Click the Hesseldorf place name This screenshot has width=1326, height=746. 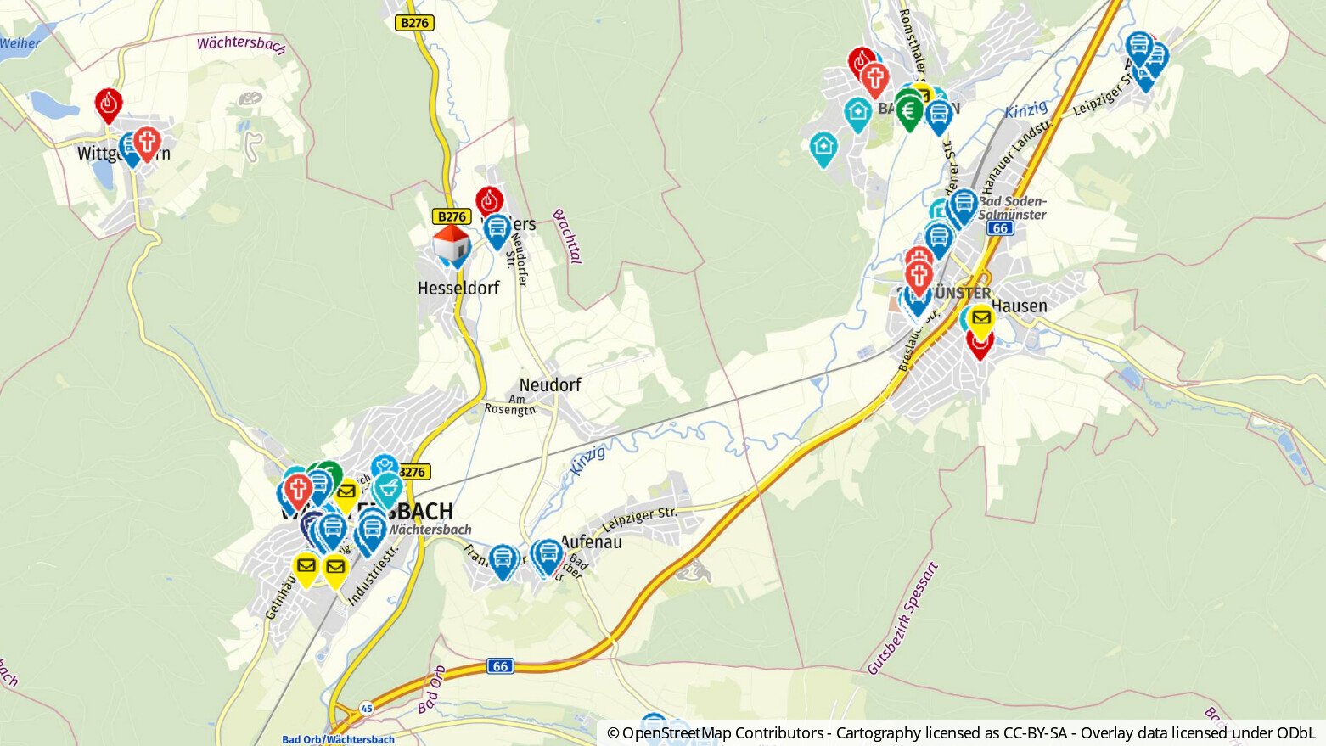[x=458, y=289]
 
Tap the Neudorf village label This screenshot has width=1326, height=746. [x=550, y=385]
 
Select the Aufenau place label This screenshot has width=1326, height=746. [x=592, y=541]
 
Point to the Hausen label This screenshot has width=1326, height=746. [x=1020, y=306]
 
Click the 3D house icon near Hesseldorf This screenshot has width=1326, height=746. [x=451, y=244]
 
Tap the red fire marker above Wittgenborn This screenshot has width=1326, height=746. [x=109, y=104]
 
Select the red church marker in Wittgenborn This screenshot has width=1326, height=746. [x=147, y=143]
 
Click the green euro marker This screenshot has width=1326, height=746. [x=909, y=110]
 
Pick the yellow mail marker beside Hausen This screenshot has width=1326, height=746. [x=981, y=320]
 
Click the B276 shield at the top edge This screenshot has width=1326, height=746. [x=414, y=23]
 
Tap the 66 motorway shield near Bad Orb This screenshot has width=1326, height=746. [x=501, y=666]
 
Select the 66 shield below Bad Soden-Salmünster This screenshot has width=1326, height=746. [x=1000, y=228]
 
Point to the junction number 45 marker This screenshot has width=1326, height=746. [x=367, y=707]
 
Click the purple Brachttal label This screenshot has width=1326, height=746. [x=567, y=236]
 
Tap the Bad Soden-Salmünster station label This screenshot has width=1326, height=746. [x=1013, y=208]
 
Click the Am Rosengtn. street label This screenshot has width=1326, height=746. [x=511, y=405]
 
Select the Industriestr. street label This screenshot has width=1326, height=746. [x=373, y=575]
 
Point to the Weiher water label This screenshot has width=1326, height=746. [x=20, y=43]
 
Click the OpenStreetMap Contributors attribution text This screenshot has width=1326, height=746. [x=715, y=733]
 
